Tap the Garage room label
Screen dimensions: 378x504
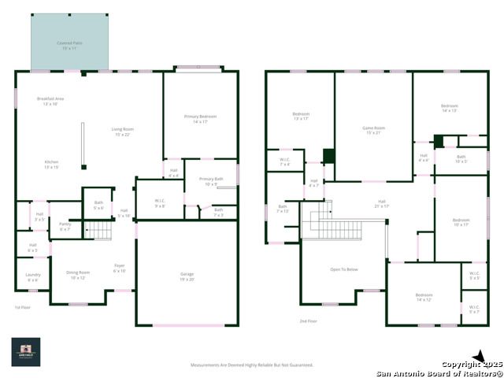click(187, 276)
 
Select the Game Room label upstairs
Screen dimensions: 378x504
click(373, 130)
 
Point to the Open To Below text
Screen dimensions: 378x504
click(343, 269)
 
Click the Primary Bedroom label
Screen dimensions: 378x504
click(200, 118)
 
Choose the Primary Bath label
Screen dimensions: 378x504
click(211, 181)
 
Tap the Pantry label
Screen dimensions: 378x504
click(65, 227)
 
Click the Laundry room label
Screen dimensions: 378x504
click(32, 276)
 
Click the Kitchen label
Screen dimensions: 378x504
click(51, 164)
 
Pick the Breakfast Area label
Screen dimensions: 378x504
click(51, 101)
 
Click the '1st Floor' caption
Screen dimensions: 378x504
click(24, 307)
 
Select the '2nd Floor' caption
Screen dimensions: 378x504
click(308, 321)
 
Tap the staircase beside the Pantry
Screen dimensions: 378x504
click(100, 229)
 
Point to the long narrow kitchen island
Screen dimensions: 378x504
click(83, 145)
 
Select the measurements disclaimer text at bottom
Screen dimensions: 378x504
click(252, 365)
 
